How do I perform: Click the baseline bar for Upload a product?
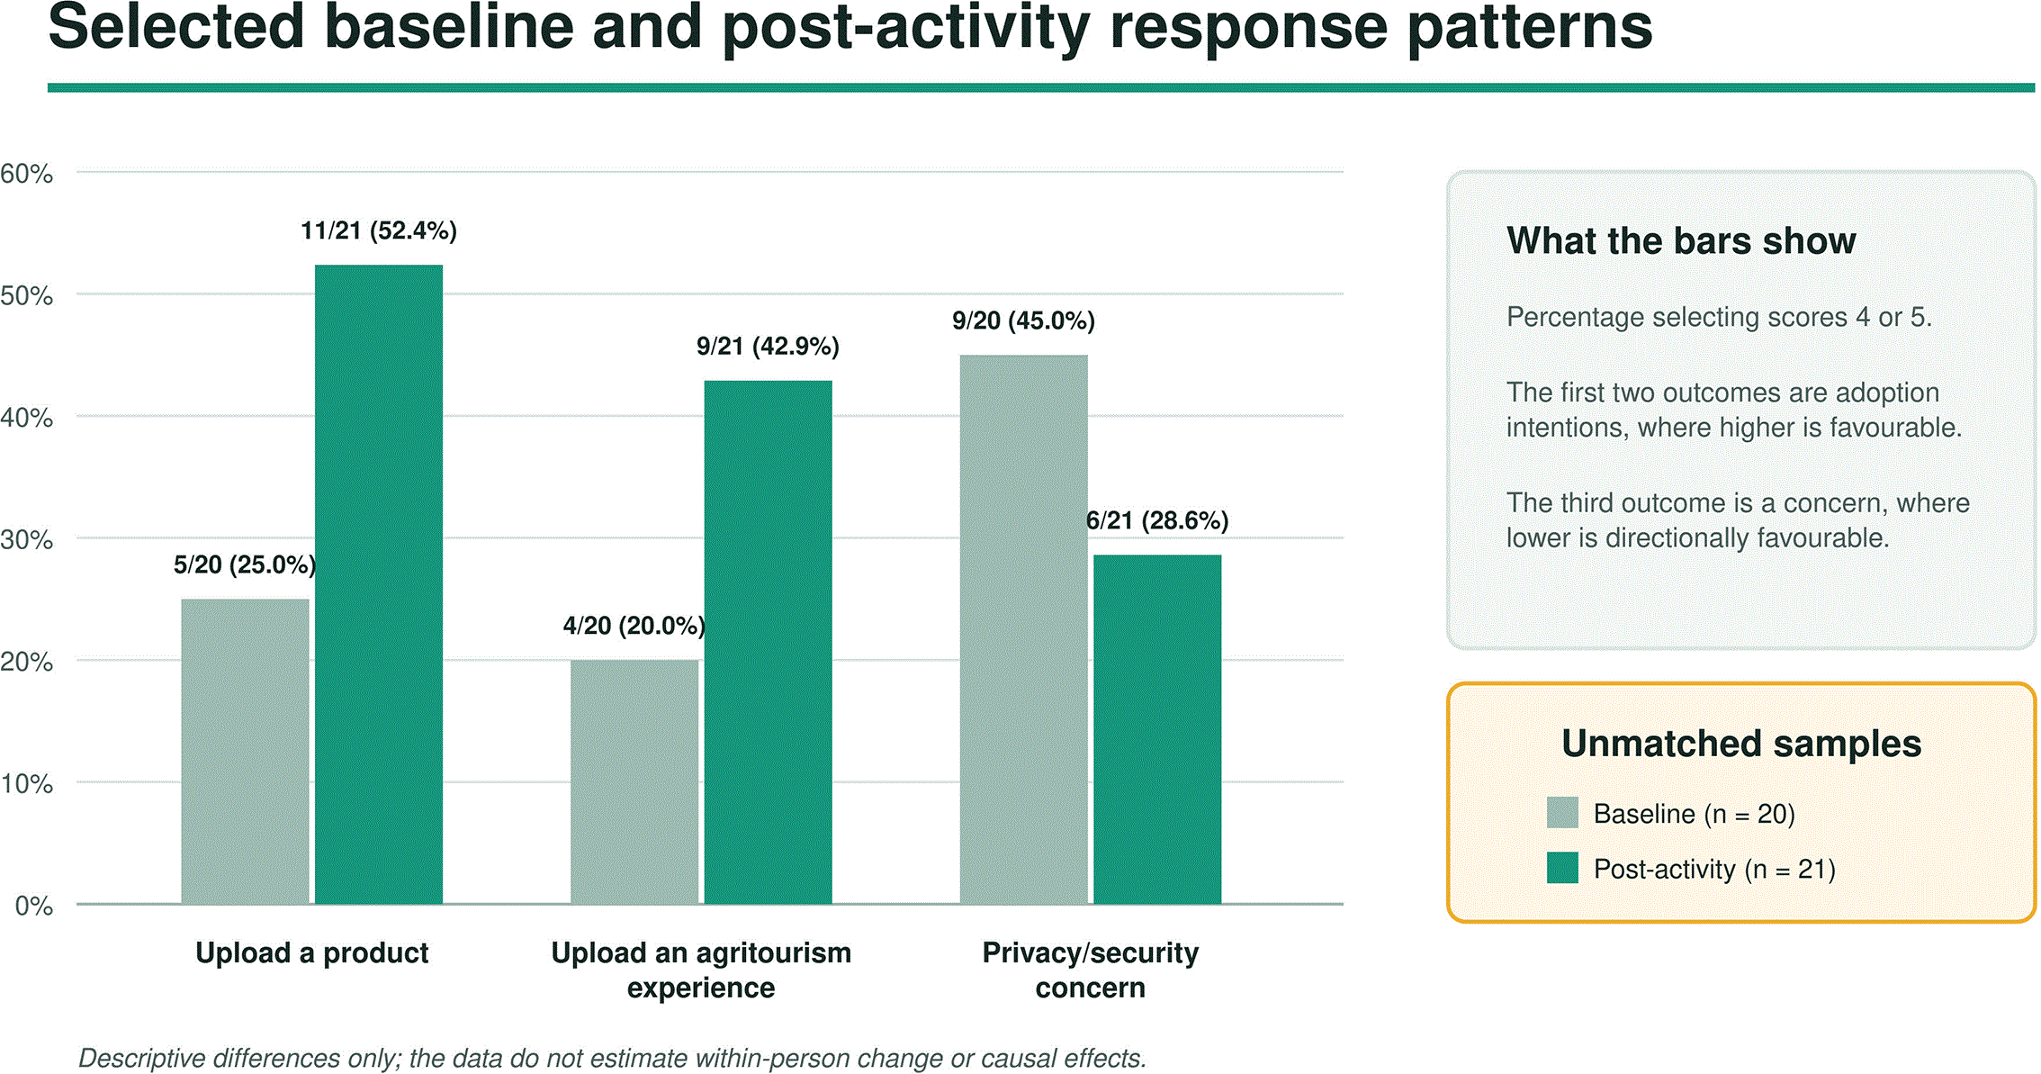point(245,752)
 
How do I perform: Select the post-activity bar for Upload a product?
point(379,584)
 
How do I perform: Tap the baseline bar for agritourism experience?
point(634,782)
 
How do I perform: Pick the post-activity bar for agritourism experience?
point(768,642)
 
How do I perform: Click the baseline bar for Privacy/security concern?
point(1024,629)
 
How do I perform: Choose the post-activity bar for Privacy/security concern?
point(1157,729)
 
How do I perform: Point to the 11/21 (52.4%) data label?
point(379,231)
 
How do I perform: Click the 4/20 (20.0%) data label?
point(634,626)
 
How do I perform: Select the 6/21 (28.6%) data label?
point(1157,520)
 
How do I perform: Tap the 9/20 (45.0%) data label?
point(1024,321)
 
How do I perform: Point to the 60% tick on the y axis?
point(27,174)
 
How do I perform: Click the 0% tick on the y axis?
point(34,906)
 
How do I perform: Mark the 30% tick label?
point(27,540)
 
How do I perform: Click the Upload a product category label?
point(312,952)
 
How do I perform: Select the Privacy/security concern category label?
point(1091,970)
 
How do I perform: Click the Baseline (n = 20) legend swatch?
point(1562,812)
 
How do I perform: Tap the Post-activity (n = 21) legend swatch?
point(1562,868)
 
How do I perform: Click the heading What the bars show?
point(1681,240)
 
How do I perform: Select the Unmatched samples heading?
point(1741,744)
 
